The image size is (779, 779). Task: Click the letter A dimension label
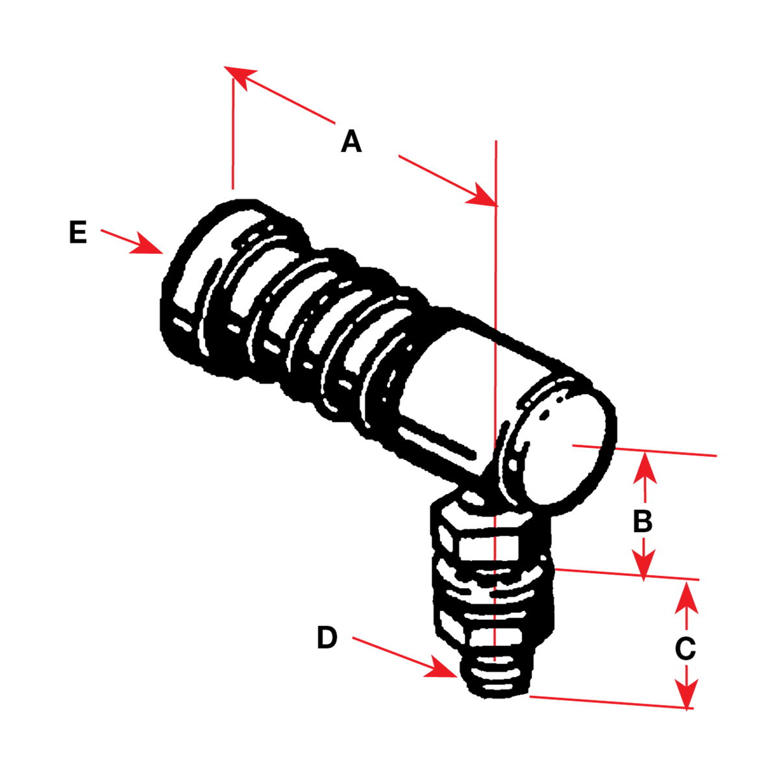351,141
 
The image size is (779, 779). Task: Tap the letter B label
643,521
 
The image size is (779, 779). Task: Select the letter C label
686,649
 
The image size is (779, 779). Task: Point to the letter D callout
327,638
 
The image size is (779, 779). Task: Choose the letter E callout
78,232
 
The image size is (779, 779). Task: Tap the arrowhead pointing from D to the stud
441,669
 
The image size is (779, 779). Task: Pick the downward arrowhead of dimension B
644,565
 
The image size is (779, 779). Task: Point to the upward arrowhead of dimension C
687,597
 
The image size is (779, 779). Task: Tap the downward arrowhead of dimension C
687,693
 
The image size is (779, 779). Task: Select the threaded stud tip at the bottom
497,678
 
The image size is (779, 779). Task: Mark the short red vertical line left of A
232,130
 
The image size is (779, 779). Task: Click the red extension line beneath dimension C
610,702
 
